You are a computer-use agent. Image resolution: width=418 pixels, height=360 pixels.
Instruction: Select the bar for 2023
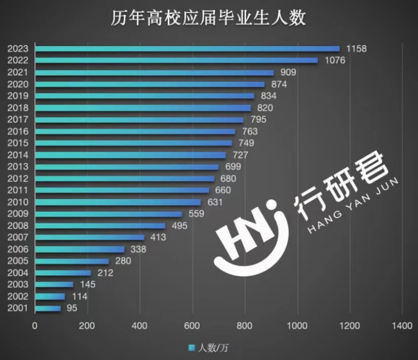tap(187, 48)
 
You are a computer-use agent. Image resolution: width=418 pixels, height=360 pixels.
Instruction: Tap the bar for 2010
tap(118, 202)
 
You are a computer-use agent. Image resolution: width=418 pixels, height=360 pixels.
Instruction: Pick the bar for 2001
tap(48, 308)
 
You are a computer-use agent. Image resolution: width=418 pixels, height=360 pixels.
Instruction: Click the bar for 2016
tap(135, 131)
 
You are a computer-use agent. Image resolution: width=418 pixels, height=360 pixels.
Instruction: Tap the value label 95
tap(71, 308)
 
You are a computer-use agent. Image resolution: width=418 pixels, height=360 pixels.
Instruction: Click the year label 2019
tap(18, 96)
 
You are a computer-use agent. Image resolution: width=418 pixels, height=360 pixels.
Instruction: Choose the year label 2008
tap(18, 226)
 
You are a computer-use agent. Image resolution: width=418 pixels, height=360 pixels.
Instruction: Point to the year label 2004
tap(18, 273)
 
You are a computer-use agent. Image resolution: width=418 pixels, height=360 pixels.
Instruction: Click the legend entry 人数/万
tap(208, 347)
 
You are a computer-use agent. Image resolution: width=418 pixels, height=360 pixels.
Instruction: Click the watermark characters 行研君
tap(343, 184)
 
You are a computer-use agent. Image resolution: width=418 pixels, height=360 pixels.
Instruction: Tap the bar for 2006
tap(80, 249)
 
